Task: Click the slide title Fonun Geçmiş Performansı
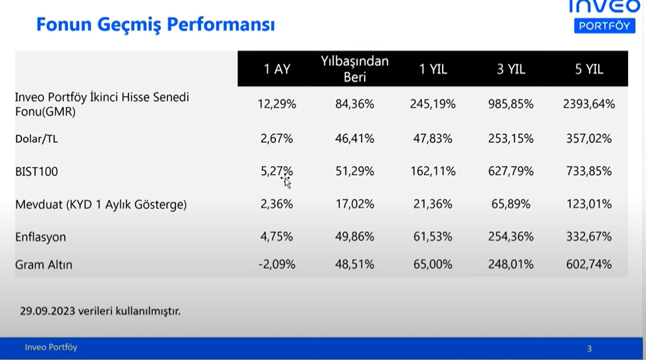point(156,25)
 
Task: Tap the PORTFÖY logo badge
point(604,26)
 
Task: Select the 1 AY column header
point(277,69)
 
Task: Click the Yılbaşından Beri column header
point(355,69)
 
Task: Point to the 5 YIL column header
point(589,69)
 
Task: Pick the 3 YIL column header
point(511,69)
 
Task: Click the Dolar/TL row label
point(37,139)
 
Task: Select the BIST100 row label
point(37,171)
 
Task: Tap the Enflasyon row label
point(41,237)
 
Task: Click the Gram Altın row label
point(44,264)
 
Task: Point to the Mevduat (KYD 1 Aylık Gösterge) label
point(101,205)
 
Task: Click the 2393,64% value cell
point(589,104)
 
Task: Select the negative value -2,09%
point(277,264)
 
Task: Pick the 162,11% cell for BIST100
point(433,171)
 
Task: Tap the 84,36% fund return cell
point(355,104)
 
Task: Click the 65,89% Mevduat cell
point(511,205)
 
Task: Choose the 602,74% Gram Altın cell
point(589,264)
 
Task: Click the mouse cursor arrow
point(286,183)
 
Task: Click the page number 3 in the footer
point(589,349)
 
